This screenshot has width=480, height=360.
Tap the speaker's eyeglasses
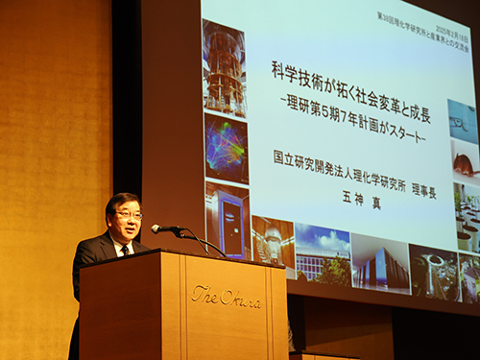pos(129,216)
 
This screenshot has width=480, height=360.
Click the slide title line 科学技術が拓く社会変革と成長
pos(349,73)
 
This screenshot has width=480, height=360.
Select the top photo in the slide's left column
pos(225,67)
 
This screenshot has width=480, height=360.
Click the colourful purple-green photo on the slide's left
pos(227,148)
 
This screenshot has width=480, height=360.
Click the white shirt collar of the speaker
pos(119,244)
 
